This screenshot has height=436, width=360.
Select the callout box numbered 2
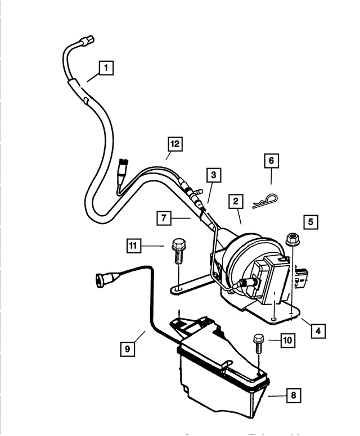point(236,201)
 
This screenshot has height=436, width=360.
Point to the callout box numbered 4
point(318,331)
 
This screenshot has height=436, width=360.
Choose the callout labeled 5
point(310,221)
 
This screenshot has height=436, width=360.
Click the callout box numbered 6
point(271,161)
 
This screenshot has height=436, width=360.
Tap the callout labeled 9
point(128,349)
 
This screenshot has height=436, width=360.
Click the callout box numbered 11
point(133,246)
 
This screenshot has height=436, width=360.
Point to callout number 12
point(175,144)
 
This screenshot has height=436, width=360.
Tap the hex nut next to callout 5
point(291,239)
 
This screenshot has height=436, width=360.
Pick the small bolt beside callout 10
point(259,342)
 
